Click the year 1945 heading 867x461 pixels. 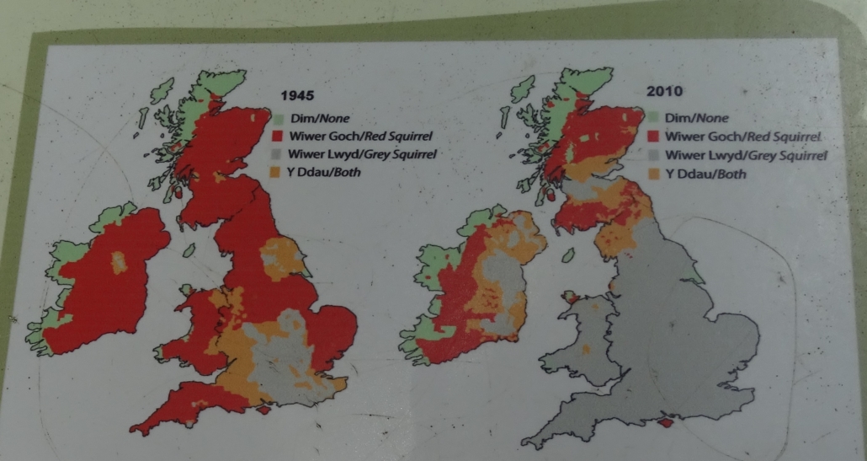296,96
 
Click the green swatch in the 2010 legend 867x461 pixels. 652,117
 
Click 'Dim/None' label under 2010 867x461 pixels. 697,118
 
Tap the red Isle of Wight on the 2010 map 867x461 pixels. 667,423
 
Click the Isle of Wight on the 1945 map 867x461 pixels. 264,410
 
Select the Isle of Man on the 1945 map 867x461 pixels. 190,250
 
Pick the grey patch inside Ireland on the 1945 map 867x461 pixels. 120,260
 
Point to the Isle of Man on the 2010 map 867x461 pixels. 570,254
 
